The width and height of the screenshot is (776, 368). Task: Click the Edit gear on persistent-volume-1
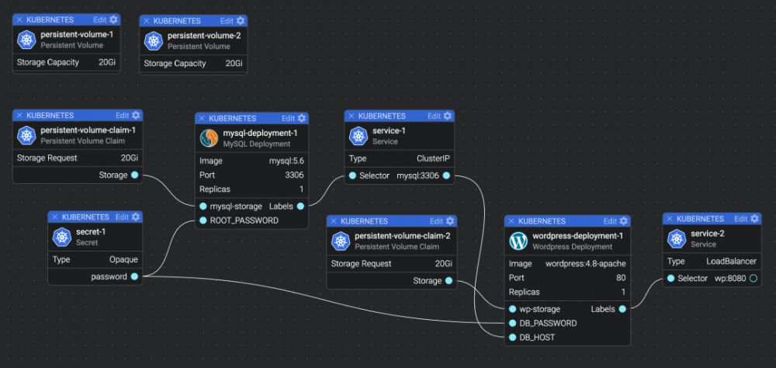pyautogui.click(x=114, y=19)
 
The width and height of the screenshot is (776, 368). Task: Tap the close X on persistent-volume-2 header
pyautogui.click(x=146, y=20)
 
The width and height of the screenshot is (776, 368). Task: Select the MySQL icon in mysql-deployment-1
pyautogui.click(x=209, y=138)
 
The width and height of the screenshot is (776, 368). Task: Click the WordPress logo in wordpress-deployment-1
pyautogui.click(x=518, y=241)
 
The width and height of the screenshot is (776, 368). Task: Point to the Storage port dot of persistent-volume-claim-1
pyautogui.click(x=135, y=175)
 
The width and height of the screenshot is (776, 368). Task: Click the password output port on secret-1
pyautogui.click(x=134, y=276)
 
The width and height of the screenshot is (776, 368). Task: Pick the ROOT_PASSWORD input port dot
pyautogui.click(x=203, y=220)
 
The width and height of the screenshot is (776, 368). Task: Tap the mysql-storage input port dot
pyautogui.click(x=203, y=207)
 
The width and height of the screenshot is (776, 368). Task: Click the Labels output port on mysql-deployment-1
pyautogui.click(x=300, y=207)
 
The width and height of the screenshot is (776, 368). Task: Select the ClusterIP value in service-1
pyautogui.click(x=433, y=158)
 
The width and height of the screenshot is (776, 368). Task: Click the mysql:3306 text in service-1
pyautogui.click(x=417, y=175)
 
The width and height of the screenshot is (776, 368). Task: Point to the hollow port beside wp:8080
pyautogui.click(x=752, y=278)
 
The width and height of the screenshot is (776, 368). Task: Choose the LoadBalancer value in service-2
pyautogui.click(x=731, y=261)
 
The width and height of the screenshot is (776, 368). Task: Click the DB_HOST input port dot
pyautogui.click(x=513, y=337)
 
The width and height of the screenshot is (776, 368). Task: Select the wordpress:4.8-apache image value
pyautogui.click(x=586, y=263)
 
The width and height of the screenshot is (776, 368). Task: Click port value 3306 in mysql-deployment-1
pyautogui.click(x=294, y=175)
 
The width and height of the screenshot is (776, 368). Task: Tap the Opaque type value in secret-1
pyautogui.click(x=123, y=259)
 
